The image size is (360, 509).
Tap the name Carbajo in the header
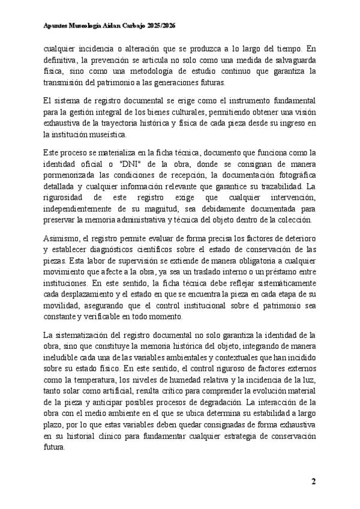[134, 26]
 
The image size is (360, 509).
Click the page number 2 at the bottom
[313, 482]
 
